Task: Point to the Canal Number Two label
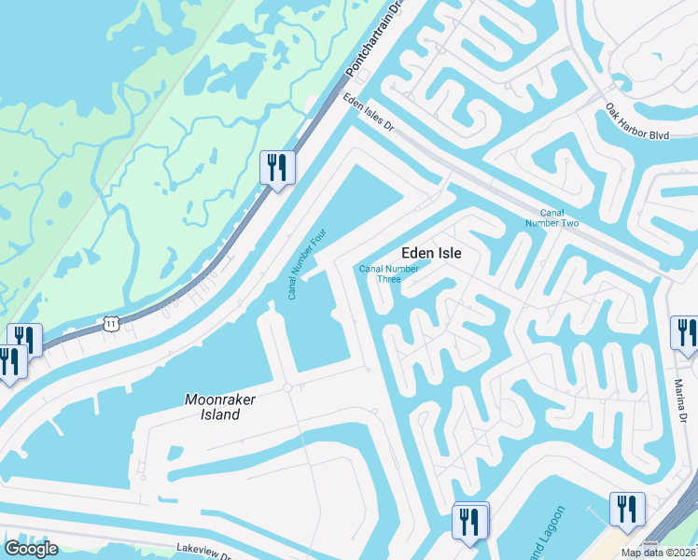tap(552, 217)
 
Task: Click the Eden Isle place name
tap(431, 252)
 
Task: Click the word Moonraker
tap(219, 399)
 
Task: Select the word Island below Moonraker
tap(219, 413)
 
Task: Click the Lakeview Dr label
tap(202, 552)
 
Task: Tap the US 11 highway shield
tap(112, 323)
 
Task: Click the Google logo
tap(31, 549)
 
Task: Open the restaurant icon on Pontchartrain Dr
tap(277, 168)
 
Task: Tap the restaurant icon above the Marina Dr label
tap(684, 333)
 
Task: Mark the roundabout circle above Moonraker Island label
tap(287, 387)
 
